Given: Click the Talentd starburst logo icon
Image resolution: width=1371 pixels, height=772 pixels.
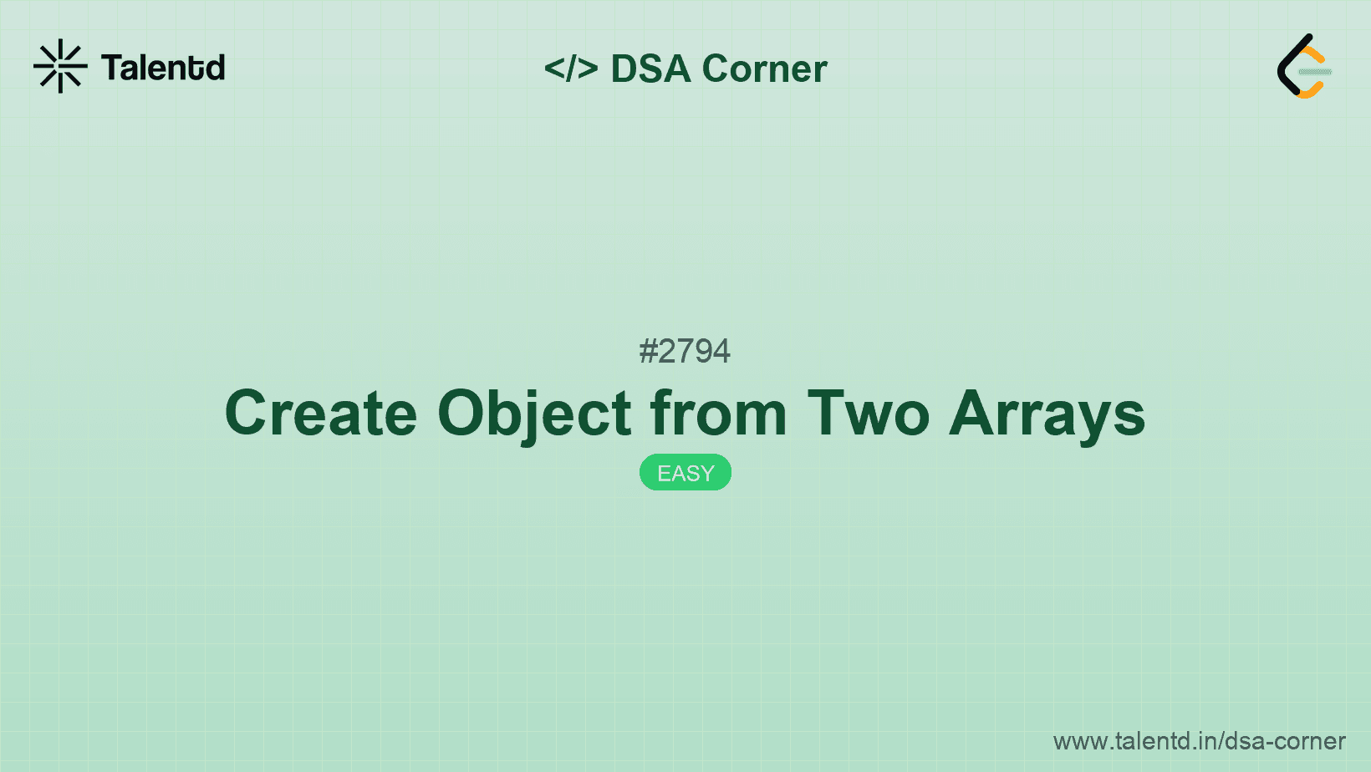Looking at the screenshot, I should point(60,66).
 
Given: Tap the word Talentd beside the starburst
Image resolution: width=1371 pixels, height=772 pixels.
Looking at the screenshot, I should point(163,68).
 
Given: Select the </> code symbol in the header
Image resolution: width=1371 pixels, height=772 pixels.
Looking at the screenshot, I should point(571,69).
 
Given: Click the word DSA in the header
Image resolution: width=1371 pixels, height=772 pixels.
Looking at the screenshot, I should point(651,69).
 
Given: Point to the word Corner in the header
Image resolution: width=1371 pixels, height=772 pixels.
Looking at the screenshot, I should point(765,69).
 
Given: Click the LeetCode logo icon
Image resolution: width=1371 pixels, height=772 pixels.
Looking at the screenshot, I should point(1304,66).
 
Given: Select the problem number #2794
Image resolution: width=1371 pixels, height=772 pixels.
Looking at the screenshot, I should point(685,351).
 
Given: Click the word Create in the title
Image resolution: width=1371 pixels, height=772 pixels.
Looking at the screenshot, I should point(321,414).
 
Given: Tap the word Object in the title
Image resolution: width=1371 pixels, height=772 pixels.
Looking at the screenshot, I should point(535,414).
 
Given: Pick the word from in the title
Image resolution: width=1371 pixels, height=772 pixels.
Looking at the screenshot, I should point(719,414).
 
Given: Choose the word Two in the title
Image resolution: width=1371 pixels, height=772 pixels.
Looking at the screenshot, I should point(869,414).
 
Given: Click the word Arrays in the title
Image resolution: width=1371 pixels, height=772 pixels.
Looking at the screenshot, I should point(1047,414).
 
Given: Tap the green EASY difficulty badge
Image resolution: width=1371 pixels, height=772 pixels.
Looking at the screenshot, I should point(685,473).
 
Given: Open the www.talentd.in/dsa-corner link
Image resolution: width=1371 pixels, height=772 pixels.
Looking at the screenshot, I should point(1199,741).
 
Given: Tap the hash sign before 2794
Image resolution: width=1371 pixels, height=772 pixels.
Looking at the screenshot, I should point(648,351).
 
